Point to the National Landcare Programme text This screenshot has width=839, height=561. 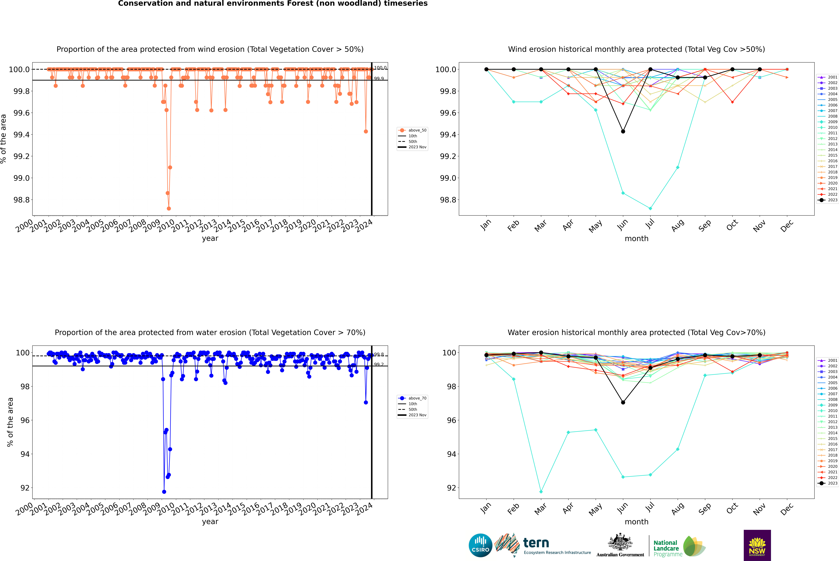pos(666,548)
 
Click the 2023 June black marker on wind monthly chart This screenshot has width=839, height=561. pos(623,131)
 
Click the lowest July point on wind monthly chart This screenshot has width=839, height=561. pos(650,208)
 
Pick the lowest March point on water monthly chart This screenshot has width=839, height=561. pos(541,492)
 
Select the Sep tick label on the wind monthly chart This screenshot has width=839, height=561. pos(705,225)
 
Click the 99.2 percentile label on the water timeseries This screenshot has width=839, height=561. pos(379,365)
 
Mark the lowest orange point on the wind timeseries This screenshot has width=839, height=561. pos(169,208)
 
